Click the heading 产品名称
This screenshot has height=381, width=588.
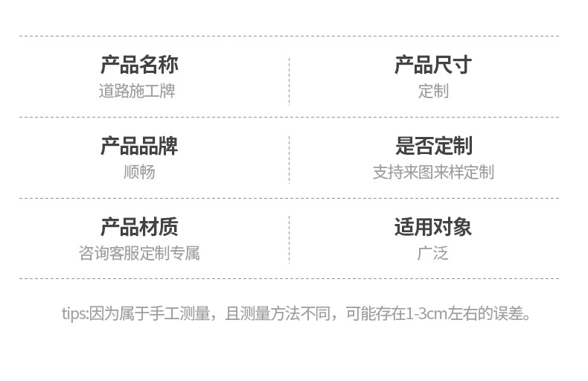click(139, 65)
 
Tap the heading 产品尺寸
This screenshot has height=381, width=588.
click(433, 65)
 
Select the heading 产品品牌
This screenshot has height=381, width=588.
click(139, 146)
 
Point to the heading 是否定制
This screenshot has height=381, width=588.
click(433, 146)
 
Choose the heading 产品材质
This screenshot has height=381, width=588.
click(139, 227)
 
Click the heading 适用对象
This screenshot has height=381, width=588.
click(433, 227)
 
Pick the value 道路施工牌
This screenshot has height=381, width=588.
click(137, 92)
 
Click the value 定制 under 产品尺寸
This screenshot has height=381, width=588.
click(433, 92)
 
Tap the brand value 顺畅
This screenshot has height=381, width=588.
click(139, 173)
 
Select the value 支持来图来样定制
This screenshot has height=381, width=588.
click(433, 173)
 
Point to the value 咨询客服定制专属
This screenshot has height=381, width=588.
click(139, 254)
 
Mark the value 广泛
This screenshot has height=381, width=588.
click(433, 254)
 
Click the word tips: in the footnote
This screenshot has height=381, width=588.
click(74, 313)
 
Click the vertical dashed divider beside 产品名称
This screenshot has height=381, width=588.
click(289, 80)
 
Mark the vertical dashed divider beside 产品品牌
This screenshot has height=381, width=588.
click(289, 159)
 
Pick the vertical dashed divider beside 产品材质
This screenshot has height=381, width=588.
click(289, 240)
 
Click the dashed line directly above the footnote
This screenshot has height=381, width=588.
click(289, 279)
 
